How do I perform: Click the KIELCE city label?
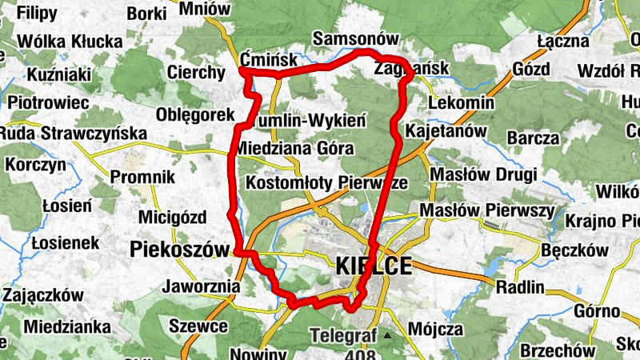[x=374, y=266]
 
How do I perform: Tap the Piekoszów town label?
[x=179, y=250]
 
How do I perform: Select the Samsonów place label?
[x=355, y=39]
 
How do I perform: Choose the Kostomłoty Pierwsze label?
[x=326, y=183]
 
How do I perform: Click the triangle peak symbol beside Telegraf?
[x=387, y=335]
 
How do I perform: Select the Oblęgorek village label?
[x=195, y=114]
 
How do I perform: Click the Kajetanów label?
[x=446, y=130]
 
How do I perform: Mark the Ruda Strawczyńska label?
[x=74, y=133]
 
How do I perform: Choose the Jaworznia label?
[x=201, y=286]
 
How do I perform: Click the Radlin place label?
[x=520, y=287]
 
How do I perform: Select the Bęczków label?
[x=574, y=250]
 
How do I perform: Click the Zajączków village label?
[x=43, y=294]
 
